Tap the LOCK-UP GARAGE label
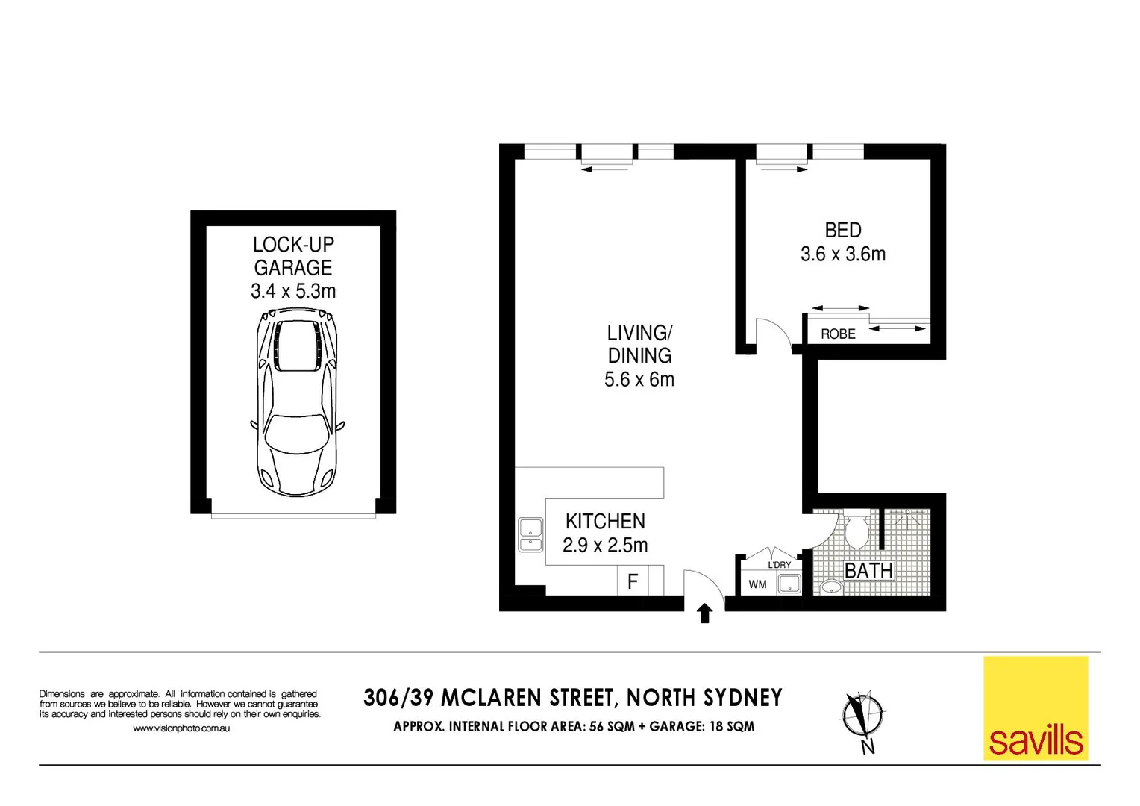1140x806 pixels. [x=293, y=256]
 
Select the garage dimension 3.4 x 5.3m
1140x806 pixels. [x=293, y=291]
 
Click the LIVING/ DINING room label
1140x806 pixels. [x=639, y=344]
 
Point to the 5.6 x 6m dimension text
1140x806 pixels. [x=639, y=380]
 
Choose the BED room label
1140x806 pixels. [x=843, y=231]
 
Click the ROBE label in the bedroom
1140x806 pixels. [x=838, y=334]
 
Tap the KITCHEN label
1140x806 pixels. [x=605, y=521]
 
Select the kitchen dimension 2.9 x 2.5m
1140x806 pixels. [x=605, y=546]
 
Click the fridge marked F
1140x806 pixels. [x=633, y=581]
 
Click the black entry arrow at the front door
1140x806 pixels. [x=704, y=613]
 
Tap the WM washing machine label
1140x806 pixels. [x=757, y=584]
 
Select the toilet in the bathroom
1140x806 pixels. [x=856, y=529]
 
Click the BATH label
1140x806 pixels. [x=868, y=571]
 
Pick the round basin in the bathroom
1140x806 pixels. [x=830, y=587]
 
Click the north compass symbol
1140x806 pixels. [x=862, y=715]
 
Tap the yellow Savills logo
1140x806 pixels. [x=1035, y=708]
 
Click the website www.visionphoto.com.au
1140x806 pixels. [x=181, y=728]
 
